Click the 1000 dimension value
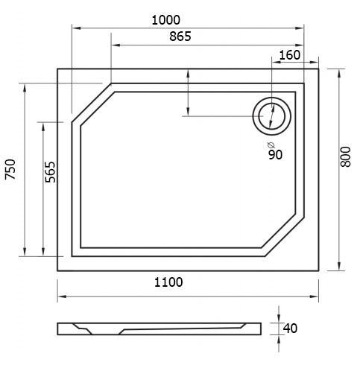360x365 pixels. tap(166, 20)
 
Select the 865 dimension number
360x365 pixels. tap(180, 36)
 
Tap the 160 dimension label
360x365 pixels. tap(290, 55)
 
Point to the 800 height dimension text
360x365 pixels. tap(346, 156)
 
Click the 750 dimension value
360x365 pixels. tap(10, 169)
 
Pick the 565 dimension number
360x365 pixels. tap(51, 172)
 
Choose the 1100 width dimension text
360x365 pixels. tap(168, 282)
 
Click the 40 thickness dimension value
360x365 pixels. tap(290, 328)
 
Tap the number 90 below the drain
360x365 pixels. tap(276, 155)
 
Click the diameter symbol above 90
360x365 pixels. tap(271, 145)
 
